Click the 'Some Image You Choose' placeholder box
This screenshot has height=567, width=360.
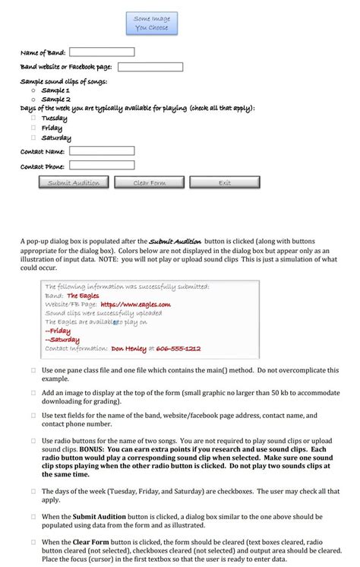pos(151,23)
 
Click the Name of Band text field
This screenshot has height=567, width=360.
pos(102,52)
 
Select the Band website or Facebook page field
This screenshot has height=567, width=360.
pos(150,67)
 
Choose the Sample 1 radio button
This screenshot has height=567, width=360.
pos(33,90)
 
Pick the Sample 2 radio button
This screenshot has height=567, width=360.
pos(33,99)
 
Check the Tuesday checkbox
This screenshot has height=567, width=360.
pos(33,118)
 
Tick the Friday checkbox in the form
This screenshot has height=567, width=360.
pos(33,128)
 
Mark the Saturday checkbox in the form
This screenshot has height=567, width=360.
pos(33,138)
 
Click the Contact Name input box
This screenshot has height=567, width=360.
pos(102,151)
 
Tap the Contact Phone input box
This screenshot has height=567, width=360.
pos(102,165)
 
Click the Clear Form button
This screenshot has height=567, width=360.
pos(149,182)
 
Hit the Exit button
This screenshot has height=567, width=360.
pos(225,182)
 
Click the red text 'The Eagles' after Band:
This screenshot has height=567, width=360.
pos(82,296)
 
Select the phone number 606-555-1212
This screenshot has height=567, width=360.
pos(178,348)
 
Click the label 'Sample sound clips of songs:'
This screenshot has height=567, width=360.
pos(64,81)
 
